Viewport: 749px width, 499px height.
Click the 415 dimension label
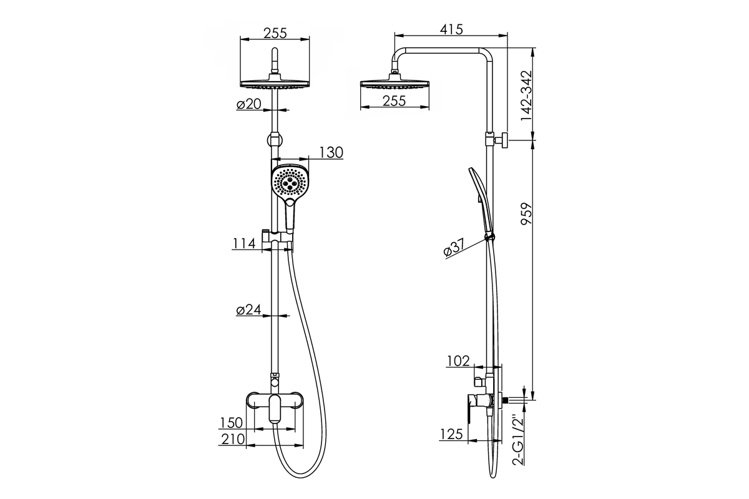point(451,29)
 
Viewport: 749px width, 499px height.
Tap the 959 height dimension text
point(526,214)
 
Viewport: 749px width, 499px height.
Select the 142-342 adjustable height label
point(526,96)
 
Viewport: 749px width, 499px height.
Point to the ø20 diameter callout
point(248,104)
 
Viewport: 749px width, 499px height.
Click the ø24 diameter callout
point(248,310)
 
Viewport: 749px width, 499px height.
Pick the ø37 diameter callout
point(454,248)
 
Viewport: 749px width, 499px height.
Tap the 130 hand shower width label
point(331,152)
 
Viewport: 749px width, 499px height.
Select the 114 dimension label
point(244,243)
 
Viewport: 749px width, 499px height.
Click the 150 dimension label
point(231,423)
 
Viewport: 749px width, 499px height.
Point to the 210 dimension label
point(233,439)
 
